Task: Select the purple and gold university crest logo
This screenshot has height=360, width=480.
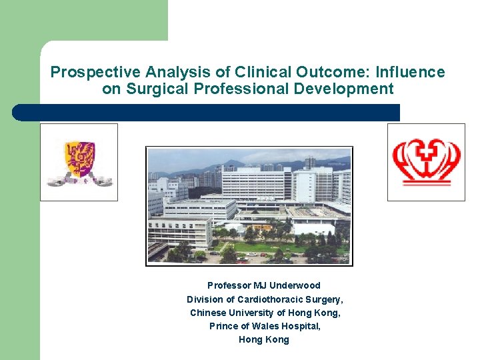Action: pyautogui.click(x=79, y=162)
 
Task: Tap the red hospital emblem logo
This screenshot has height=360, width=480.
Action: pyautogui.click(x=426, y=162)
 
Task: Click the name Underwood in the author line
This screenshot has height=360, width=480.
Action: pyautogui.click(x=295, y=285)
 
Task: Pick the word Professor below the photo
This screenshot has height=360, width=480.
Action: pyautogui.click(x=229, y=285)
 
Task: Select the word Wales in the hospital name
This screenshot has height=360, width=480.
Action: pyautogui.click(x=257, y=326)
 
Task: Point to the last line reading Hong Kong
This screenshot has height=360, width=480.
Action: pyautogui.click(x=264, y=339)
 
